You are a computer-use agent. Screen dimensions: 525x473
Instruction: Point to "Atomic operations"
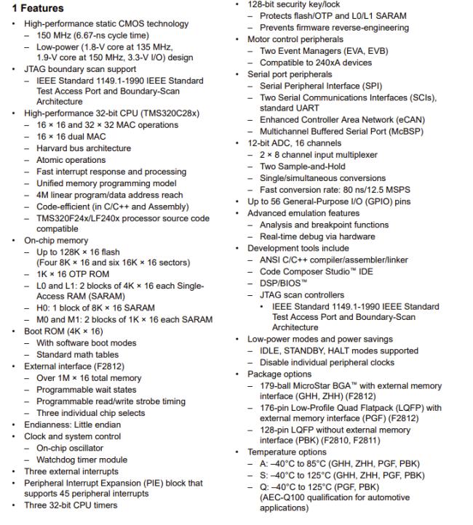(x=71, y=160)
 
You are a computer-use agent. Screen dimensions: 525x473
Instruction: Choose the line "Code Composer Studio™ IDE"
(x=318, y=270)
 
